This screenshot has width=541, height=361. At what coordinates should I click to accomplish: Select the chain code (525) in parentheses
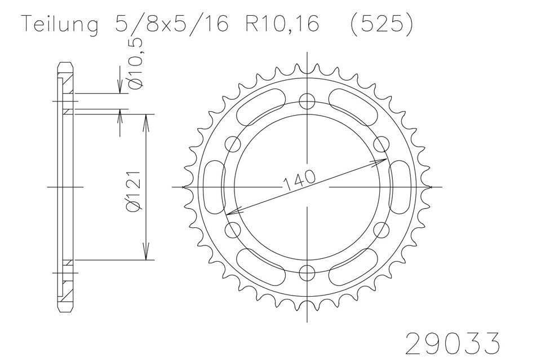click(x=382, y=24)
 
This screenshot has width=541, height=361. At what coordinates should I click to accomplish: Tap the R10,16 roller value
click(x=282, y=24)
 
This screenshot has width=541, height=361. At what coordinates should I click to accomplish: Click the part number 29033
click(x=453, y=343)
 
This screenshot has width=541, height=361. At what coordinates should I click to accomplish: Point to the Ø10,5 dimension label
click(x=135, y=63)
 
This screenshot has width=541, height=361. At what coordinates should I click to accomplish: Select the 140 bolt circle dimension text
click(x=299, y=179)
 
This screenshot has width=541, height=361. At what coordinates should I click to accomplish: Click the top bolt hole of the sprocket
click(x=307, y=101)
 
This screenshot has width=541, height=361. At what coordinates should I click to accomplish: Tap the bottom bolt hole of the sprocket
click(x=307, y=273)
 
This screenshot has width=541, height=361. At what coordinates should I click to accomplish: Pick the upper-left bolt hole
click(x=233, y=144)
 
